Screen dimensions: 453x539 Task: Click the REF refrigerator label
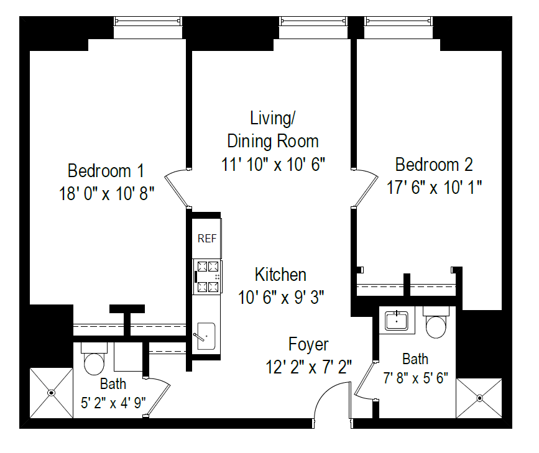tap(206, 239)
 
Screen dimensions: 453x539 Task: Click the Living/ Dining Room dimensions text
tap(273, 164)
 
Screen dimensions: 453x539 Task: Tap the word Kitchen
tap(280, 274)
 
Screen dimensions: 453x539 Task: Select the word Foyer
tap(308, 344)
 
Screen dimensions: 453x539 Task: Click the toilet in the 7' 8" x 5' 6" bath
tap(435, 324)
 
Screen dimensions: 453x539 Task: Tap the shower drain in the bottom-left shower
tap(51, 393)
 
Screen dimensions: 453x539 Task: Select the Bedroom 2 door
tap(366, 186)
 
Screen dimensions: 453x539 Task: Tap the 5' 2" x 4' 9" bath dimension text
tap(113, 402)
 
